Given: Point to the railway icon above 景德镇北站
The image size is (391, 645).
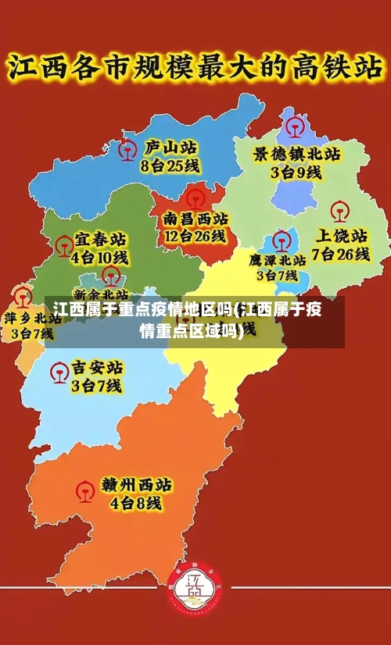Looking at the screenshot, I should pos(296,126).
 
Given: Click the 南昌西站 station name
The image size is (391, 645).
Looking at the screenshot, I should pos(195,218).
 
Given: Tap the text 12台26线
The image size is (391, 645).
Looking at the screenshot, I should pos(195,235).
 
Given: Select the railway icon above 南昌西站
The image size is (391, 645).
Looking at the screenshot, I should pos(195,195).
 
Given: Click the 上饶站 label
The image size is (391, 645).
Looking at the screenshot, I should pos(340,235).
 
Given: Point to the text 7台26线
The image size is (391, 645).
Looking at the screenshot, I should pos(340,253).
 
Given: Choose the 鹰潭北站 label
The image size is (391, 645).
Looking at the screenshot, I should pos(278,259).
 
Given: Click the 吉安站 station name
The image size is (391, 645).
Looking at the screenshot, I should pos(97,367).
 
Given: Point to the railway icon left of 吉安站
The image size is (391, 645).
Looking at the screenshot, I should pos(59,372).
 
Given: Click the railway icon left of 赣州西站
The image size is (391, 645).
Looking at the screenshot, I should pos(85,490).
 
